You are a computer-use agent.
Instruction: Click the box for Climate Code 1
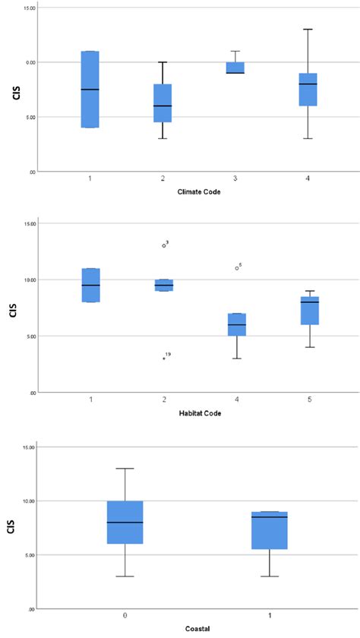(90, 90)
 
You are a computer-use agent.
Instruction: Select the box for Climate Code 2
(163, 103)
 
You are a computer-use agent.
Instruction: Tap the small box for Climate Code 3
(235, 68)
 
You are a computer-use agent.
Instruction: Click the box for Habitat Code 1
(90, 285)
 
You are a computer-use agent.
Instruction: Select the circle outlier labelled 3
(163, 245)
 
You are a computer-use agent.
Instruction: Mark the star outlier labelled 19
(163, 358)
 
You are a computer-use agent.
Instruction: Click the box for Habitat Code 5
(309, 311)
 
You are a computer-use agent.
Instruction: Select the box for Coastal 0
(125, 523)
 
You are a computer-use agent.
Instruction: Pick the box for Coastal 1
(270, 530)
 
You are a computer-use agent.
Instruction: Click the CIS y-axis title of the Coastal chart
(11, 526)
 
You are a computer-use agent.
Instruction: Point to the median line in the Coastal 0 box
(125, 523)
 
